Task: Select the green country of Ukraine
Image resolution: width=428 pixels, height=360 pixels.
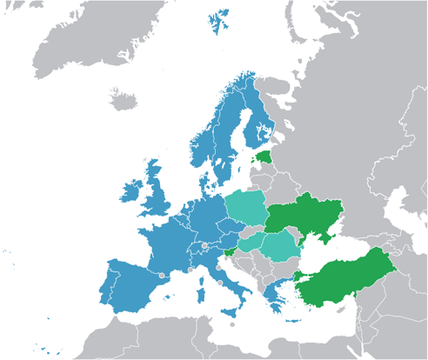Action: (x=304, y=218)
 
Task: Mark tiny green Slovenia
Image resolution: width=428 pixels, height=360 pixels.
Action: (x=228, y=252)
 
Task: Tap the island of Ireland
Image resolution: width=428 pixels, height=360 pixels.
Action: (x=132, y=192)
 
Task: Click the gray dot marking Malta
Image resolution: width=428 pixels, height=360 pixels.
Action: (x=233, y=325)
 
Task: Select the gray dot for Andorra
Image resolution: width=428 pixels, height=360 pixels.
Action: (x=163, y=275)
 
